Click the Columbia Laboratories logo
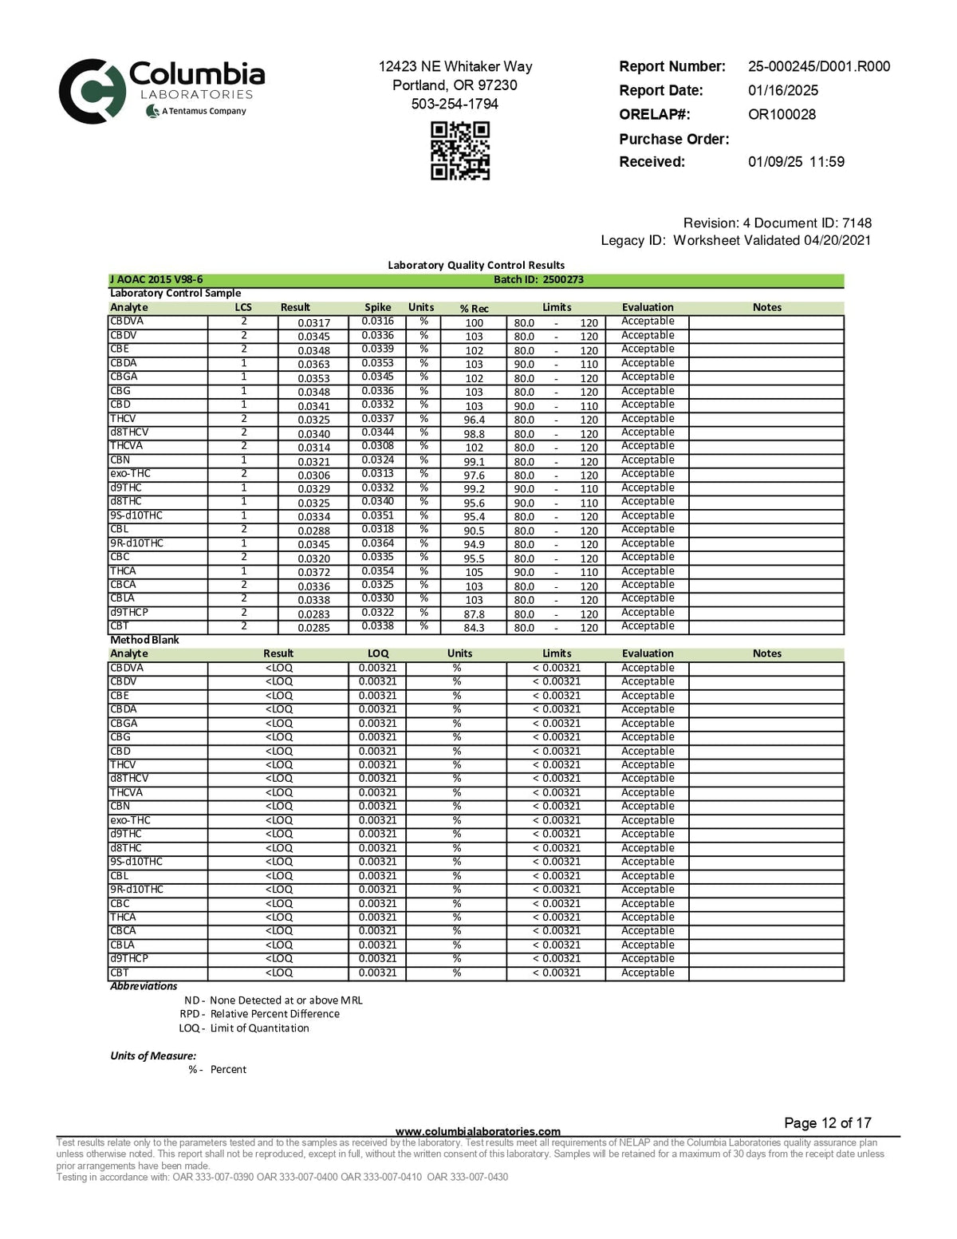tap(161, 90)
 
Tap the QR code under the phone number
tap(460, 151)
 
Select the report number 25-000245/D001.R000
tap(818, 66)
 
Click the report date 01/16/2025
tap(782, 90)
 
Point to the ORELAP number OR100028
tap(782, 114)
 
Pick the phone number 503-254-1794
tap(455, 104)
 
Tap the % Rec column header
tap(474, 308)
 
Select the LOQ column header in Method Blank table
tap(378, 653)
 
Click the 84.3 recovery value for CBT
tap(474, 628)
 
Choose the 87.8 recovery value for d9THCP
tap(474, 614)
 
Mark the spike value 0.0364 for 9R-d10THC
tap(377, 543)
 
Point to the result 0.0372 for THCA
tap(313, 572)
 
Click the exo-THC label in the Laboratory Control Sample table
tap(130, 474)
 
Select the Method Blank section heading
tap(144, 640)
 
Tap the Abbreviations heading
tap(144, 986)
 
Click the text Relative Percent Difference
tap(274, 1014)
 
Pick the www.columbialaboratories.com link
tap(478, 1131)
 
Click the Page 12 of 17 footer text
tap(827, 1123)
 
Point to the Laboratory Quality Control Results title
tap(476, 265)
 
